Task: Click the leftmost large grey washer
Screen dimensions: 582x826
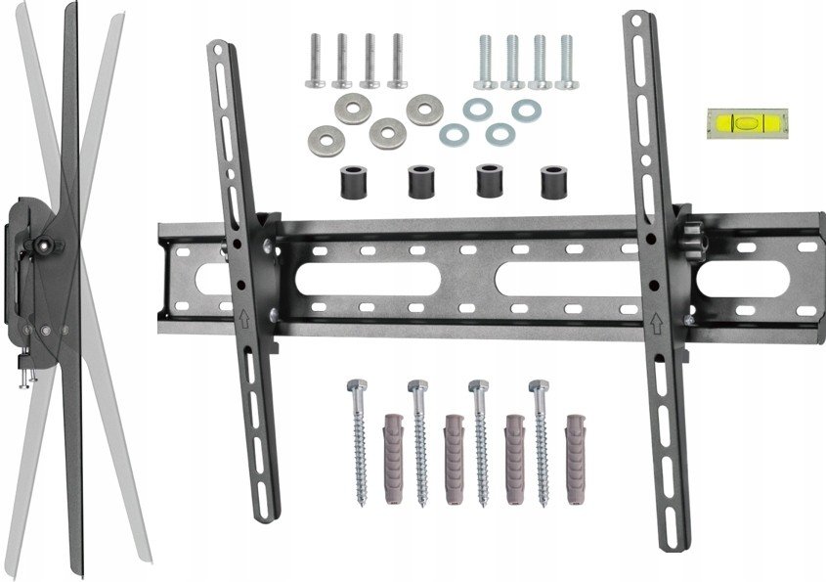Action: [x=322, y=136]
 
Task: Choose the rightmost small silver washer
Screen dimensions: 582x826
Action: [x=525, y=111]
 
